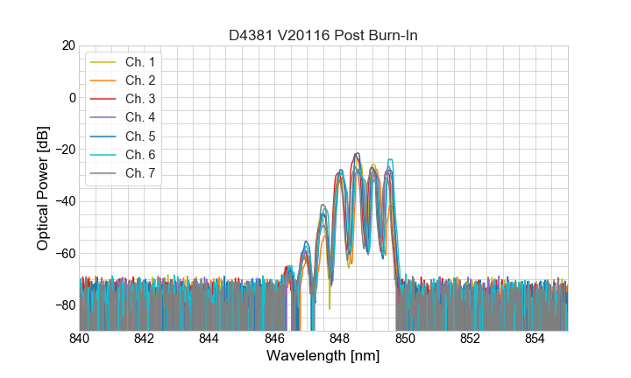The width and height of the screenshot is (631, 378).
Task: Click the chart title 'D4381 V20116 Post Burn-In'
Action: click(x=323, y=35)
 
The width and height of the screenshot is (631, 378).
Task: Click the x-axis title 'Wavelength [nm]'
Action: click(x=323, y=357)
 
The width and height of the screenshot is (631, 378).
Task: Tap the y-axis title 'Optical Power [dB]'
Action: click(x=43, y=187)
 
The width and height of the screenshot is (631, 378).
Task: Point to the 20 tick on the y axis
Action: click(x=68, y=45)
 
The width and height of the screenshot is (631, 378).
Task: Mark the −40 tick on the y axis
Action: click(x=65, y=201)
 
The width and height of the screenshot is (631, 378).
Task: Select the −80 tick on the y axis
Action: click(x=65, y=305)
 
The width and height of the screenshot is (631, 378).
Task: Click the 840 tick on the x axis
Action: click(x=80, y=339)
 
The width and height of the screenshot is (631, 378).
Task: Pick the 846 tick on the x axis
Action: click(x=275, y=339)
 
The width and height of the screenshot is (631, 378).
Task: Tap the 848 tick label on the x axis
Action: click(x=340, y=339)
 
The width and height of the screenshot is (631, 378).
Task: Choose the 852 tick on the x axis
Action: click(x=471, y=339)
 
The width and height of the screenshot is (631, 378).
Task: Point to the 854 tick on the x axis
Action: click(x=535, y=339)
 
